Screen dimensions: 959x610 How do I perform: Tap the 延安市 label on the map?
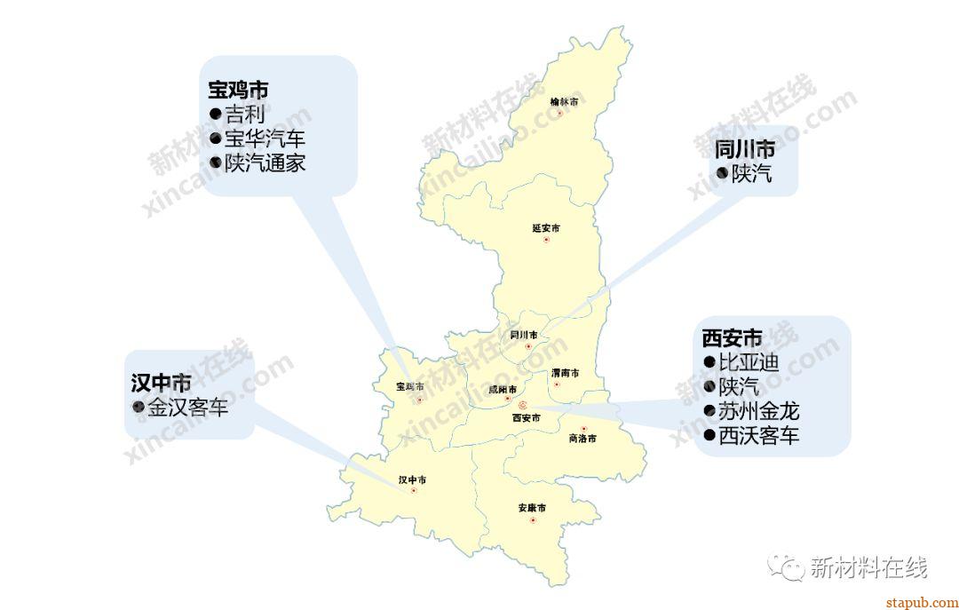tap(546, 228)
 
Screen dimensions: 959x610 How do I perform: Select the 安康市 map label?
tap(532, 508)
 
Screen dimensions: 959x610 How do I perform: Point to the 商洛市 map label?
tap(582, 439)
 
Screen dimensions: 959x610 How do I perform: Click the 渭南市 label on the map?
tap(565, 373)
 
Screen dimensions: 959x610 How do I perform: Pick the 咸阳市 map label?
tap(503, 389)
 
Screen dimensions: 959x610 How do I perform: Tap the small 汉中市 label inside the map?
tap(412, 480)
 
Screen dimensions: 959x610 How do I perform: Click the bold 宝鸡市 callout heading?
tap(238, 91)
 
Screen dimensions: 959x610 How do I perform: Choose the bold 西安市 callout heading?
tap(732, 338)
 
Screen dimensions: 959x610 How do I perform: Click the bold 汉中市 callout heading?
tap(161, 384)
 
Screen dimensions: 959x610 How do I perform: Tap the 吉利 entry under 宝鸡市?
tap(244, 115)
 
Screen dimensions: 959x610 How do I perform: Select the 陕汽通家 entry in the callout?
tap(265, 163)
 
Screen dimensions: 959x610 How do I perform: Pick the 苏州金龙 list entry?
tap(759, 411)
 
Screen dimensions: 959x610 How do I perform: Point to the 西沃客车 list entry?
tap(759, 435)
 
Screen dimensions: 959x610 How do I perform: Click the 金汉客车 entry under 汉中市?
tap(187, 408)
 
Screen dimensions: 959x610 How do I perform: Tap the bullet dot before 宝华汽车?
tap(215, 139)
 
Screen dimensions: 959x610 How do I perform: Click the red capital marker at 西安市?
tap(522, 404)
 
